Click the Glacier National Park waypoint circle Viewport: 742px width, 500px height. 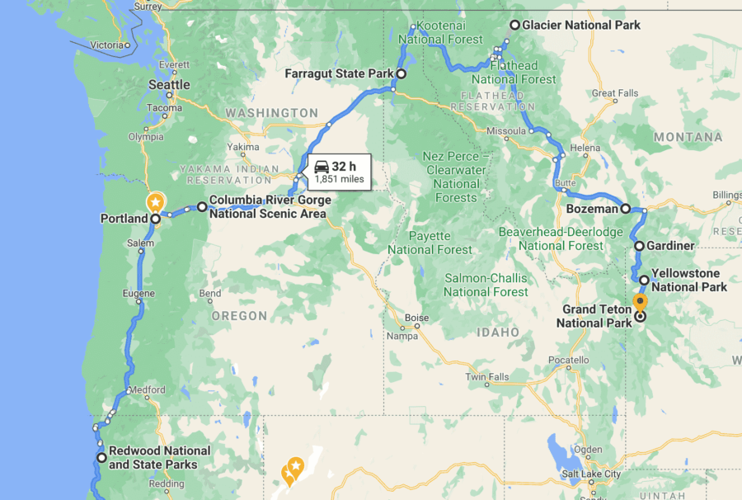point(515,25)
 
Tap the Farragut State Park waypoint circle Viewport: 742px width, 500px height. point(402,74)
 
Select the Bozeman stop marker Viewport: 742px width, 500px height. point(626,209)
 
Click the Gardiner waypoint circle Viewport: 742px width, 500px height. point(639,246)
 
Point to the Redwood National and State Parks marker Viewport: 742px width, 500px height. point(101,457)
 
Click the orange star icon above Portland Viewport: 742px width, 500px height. point(155,201)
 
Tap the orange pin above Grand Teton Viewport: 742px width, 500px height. point(640,301)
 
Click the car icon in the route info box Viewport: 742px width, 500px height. point(322,167)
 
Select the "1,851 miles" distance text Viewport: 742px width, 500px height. point(339,179)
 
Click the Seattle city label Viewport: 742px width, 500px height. point(169,85)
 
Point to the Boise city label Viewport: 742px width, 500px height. point(416,318)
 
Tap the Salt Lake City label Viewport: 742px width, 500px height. point(589,474)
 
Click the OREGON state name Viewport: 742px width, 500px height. point(238,316)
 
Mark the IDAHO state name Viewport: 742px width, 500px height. point(498,332)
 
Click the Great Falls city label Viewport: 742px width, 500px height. point(615,93)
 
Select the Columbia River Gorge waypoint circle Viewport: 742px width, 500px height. point(202,207)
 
